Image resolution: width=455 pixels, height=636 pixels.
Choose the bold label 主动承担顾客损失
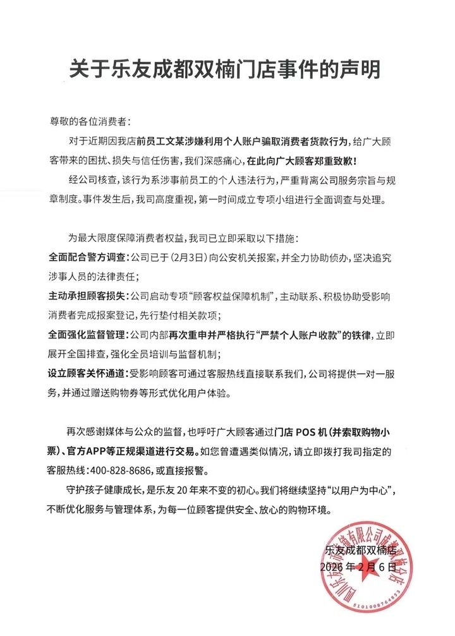(x=88, y=295)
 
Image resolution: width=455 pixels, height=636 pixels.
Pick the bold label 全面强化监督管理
(x=88, y=333)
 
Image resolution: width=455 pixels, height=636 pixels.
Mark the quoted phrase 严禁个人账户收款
(x=303, y=333)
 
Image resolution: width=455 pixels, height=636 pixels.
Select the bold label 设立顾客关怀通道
(x=88, y=371)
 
